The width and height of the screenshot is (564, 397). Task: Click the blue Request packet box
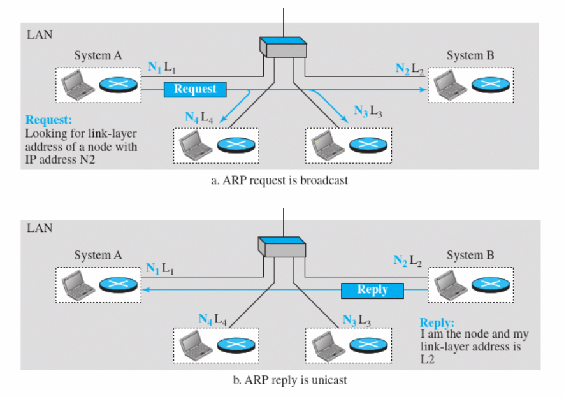click(x=195, y=89)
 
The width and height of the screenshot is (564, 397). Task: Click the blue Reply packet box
click(x=373, y=290)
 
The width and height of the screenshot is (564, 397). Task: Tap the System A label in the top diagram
click(x=98, y=56)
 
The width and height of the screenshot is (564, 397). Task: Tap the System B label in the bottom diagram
click(x=470, y=256)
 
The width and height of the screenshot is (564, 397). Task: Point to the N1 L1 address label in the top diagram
click(x=161, y=67)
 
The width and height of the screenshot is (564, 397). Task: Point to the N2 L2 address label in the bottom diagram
click(x=407, y=261)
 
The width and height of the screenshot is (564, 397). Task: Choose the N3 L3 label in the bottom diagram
click(x=356, y=319)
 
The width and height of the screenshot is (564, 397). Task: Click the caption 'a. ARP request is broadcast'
click(x=280, y=180)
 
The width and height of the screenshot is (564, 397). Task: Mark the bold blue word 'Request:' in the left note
click(x=48, y=120)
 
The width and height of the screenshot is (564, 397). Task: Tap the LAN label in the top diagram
click(x=39, y=34)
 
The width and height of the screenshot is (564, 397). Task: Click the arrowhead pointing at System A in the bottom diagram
click(x=145, y=290)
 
